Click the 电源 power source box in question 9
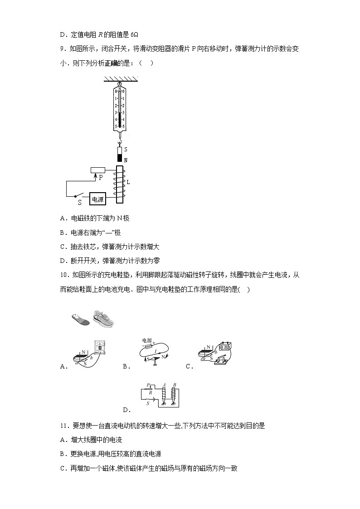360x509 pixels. (98, 199)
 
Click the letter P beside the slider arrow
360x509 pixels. (101, 178)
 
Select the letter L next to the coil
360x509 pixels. (128, 182)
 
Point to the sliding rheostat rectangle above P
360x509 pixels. (98, 170)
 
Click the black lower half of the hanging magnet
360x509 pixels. (120, 158)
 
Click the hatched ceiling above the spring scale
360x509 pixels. (120, 79)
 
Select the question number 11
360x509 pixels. (63, 426)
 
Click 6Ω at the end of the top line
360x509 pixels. (134, 34)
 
